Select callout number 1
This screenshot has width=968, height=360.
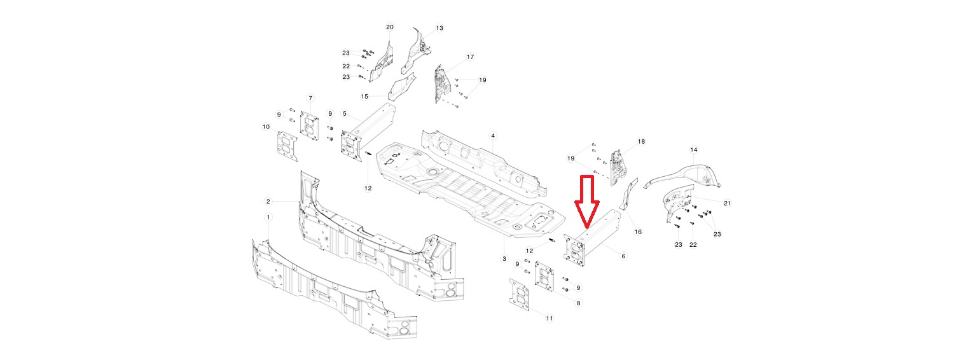[x=268, y=217]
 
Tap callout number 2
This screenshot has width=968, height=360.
[x=268, y=201]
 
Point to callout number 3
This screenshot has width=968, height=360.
[x=504, y=259]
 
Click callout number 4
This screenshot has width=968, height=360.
[x=492, y=136]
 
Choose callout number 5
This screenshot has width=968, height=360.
[x=345, y=114]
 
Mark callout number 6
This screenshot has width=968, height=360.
[x=623, y=256]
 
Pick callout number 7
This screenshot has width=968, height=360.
[x=310, y=98]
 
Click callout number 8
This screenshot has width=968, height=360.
[x=578, y=303]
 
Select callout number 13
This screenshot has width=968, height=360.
[x=439, y=28]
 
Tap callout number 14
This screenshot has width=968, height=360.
[x=694, y=150]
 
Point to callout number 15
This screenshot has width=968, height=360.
[x=364, y=97]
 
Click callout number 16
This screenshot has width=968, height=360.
[x=638, y=232]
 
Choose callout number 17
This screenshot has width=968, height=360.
[x=470, y=57]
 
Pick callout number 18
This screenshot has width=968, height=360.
[x=641, y=142]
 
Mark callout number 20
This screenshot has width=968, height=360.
[x=390, y=27]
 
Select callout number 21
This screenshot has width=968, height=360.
[x=728, y=203]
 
